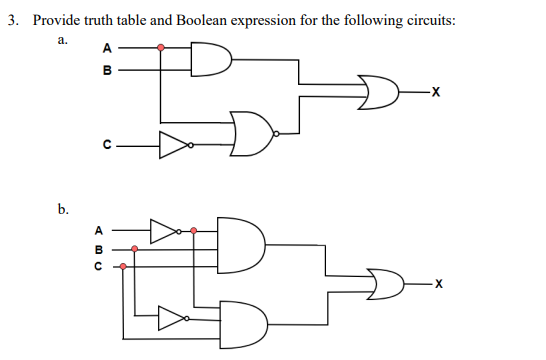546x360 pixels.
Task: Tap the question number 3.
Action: (x=10, y=21)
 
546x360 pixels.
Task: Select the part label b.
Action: (x=63, y=210)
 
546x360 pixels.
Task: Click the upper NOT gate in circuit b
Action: (x=163, y=230)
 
